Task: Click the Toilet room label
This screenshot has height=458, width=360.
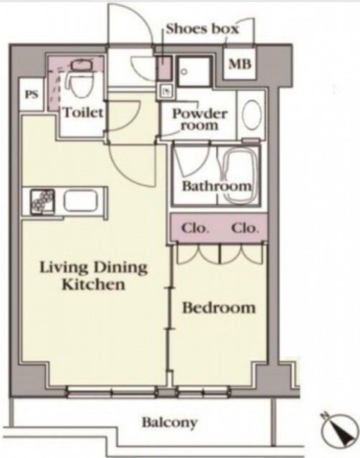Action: (83, 112)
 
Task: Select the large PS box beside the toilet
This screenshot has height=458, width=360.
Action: (31, 94)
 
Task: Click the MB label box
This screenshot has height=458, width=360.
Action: (240, 64)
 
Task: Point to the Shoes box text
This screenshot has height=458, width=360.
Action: (203, 29)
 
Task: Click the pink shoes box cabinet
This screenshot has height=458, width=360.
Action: (164, 69)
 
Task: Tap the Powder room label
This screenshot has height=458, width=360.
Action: (200, 120)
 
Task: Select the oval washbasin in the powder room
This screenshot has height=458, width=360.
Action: (252, 114)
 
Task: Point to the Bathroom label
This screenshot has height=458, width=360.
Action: (217, 186)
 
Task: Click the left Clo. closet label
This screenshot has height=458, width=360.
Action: (195, 228)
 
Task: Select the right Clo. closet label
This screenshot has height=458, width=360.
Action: (245, 228)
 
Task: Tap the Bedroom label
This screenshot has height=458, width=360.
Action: (219, 308)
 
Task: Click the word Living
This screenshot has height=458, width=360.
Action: (63, 268)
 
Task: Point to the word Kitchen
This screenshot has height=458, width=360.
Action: (94, 284)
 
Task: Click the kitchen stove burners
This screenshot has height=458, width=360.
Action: (43, 202)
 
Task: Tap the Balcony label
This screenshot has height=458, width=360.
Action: (170, 423)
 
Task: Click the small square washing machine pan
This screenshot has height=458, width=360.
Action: (195, 72)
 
